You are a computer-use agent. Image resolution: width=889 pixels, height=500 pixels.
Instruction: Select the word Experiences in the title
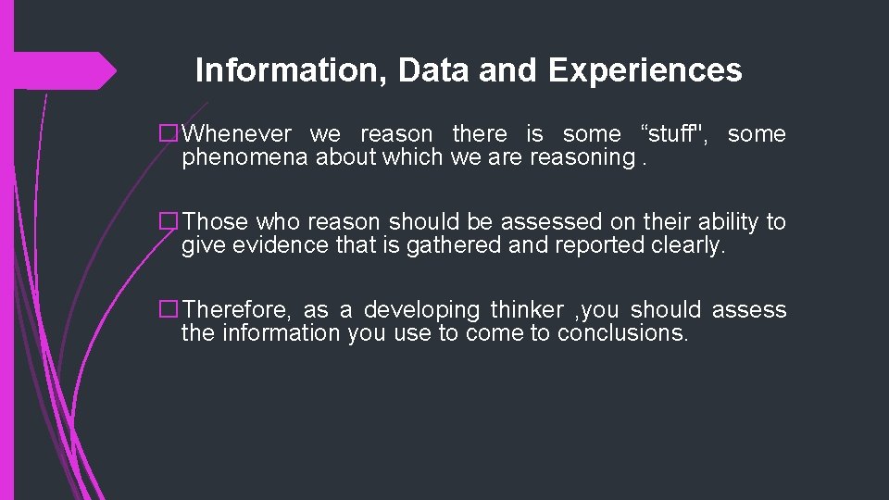click(645, 70)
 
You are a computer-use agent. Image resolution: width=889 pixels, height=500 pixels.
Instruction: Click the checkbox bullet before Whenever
click(169, 134)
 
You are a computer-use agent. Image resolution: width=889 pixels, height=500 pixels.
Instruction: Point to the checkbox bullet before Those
click(169, 222)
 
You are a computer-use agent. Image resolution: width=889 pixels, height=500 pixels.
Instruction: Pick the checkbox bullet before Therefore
click(169, 310)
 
